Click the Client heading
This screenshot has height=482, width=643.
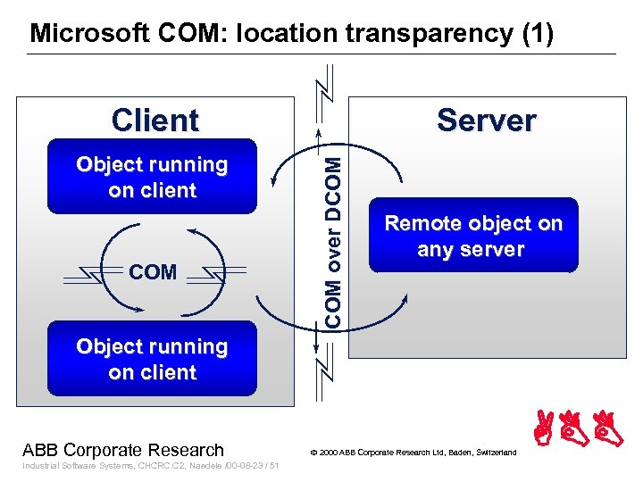tap(154, 120)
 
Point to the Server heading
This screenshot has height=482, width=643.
tap(486, 120)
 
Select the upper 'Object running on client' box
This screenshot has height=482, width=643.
tap(152, 177)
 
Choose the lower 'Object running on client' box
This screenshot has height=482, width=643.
tap(152, 359)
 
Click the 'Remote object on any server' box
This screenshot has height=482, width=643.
tap(473, 237)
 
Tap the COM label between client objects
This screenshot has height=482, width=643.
tap(153, 272)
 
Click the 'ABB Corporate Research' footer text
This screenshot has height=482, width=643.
tap(123, 450)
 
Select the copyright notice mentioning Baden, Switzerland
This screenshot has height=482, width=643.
tap(413, 453)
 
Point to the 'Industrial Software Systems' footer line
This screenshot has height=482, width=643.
tap(150, 466)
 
